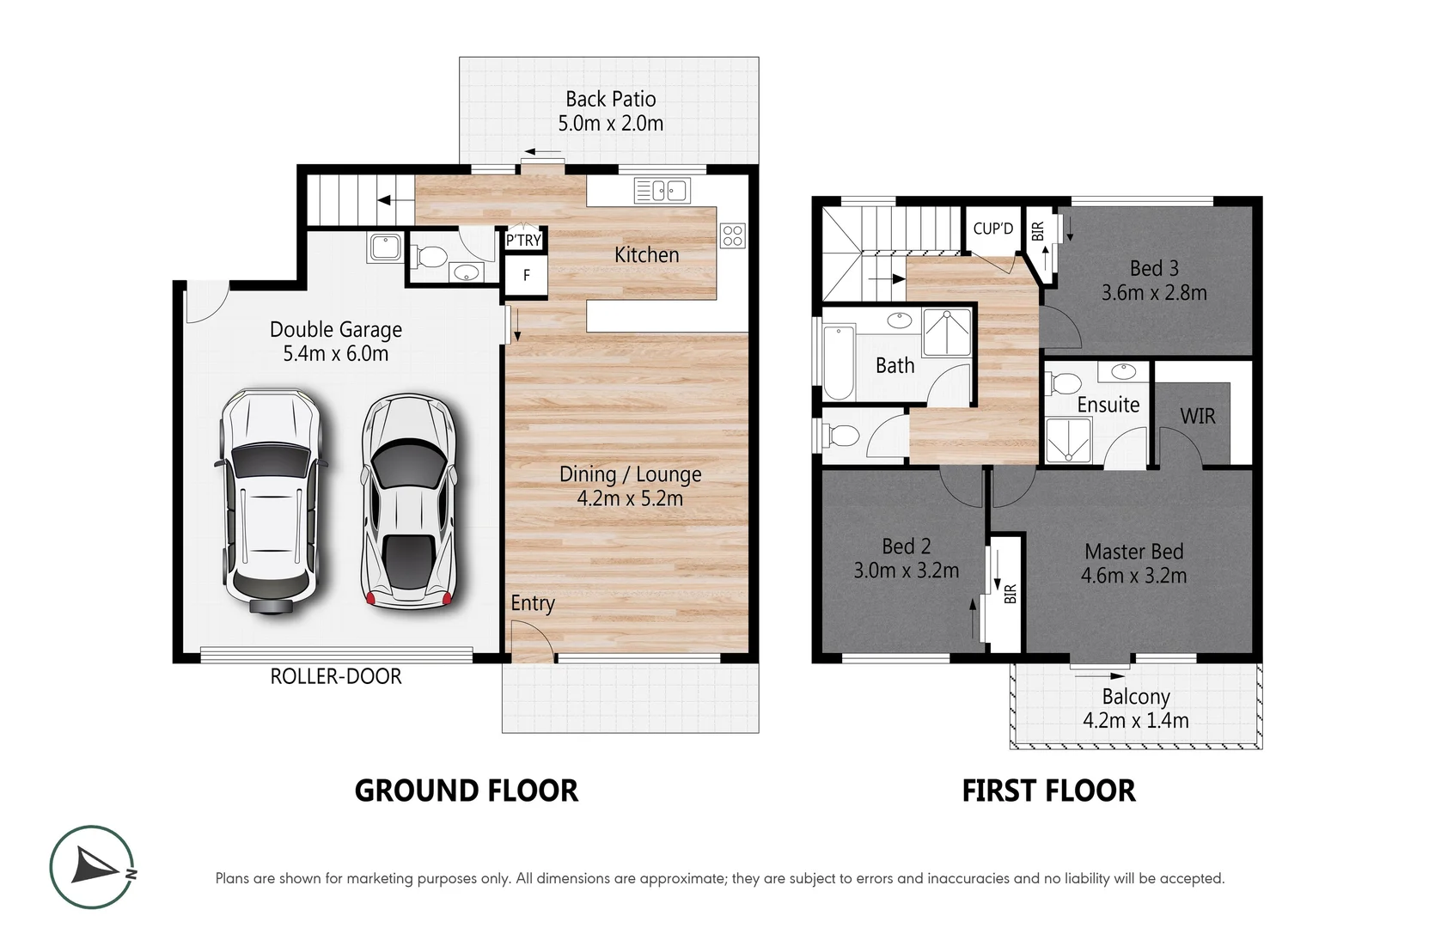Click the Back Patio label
point(610,100)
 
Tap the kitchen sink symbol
point(662,190)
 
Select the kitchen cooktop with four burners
point(732,235)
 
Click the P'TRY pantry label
point(523,241)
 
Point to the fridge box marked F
point(526,276)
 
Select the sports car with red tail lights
point(408,503)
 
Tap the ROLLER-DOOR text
point(336,676)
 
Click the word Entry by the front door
point(532,603)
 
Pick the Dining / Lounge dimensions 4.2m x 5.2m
point(630,498)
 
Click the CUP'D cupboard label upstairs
point(992,229)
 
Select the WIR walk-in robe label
point(1197,417)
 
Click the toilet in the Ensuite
point(1066,382)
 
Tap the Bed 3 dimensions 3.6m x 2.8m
point(1154,293)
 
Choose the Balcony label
point(1136,697)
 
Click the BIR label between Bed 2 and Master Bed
point(1011,593)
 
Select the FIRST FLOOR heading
point(1048,791)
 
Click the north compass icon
point(92,867)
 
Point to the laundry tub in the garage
point(384,247)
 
